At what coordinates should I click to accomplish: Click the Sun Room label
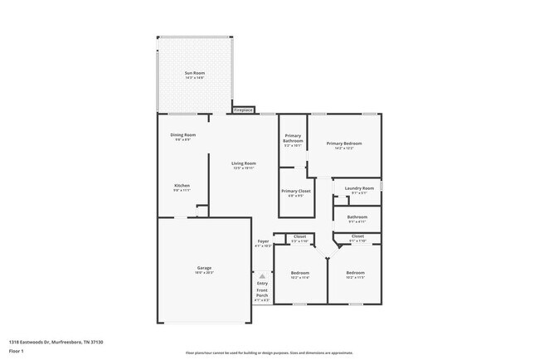click(194, 73)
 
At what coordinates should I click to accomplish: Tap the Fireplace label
click(243, 110)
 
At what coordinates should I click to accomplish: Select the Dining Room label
click(182, 134)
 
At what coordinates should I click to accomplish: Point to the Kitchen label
click(182, 185)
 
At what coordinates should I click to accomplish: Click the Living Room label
click(244, 163)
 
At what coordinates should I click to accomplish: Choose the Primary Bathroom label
click(293, 138)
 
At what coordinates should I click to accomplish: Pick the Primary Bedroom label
click(344, 143)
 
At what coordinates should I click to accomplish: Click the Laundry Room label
click(358, 188)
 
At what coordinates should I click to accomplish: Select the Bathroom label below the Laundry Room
click(357, 217)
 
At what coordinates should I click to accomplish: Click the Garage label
click(204, 267)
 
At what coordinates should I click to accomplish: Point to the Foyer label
click(262, 241)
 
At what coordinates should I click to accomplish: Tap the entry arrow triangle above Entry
click(262, 276)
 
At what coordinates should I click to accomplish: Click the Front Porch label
click(262, 294)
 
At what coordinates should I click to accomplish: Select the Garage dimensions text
click(204, 272)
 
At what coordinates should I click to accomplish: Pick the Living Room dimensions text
click(244, 168)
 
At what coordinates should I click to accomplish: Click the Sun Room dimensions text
click(194, 78)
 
